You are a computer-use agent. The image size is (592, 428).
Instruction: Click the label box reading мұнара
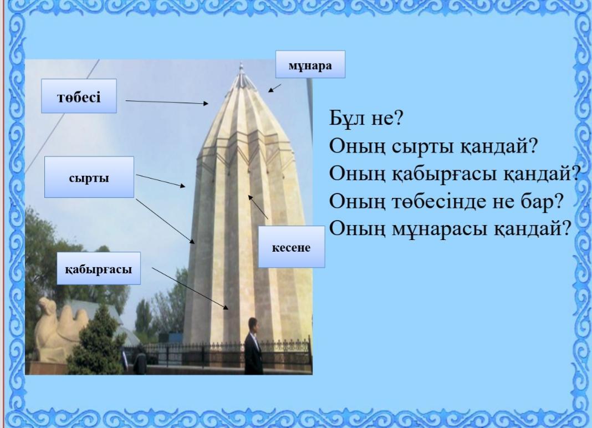[310, 65]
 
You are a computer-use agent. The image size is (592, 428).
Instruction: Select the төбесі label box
[79, 96]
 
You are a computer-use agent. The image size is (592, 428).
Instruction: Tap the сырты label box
[89, 177]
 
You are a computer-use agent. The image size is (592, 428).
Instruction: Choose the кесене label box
[291, 247]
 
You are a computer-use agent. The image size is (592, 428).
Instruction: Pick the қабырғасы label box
[99, 268]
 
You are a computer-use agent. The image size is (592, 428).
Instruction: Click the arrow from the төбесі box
[167, 102]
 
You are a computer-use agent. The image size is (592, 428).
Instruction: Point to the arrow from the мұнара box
[274, 88]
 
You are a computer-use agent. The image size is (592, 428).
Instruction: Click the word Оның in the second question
[357, 146]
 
